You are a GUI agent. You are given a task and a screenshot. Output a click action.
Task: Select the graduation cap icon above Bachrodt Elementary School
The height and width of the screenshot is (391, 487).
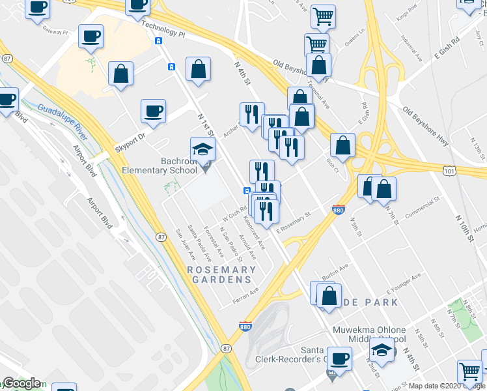202,149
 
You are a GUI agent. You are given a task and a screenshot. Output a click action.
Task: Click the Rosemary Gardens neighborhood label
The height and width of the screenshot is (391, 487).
221,274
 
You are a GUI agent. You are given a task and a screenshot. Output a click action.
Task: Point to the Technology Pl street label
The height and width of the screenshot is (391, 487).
163,26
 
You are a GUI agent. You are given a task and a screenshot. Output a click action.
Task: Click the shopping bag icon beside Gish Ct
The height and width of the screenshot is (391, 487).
342,146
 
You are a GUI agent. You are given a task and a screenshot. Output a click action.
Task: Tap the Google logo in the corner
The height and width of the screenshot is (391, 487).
21,383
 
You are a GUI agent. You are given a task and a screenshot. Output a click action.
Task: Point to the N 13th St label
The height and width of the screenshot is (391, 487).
477,147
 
